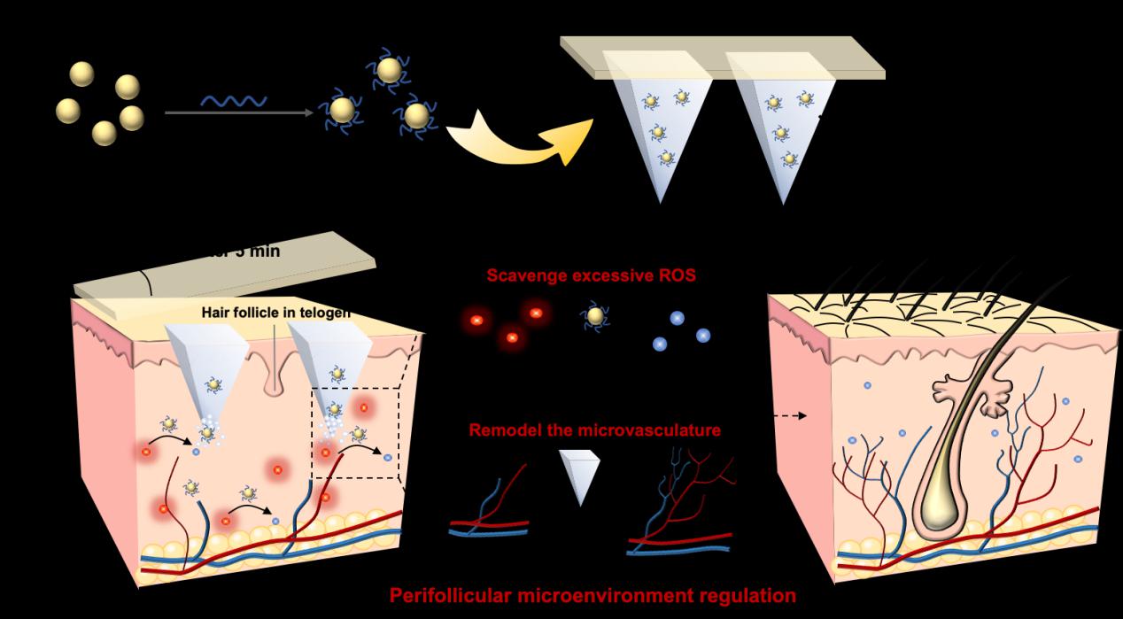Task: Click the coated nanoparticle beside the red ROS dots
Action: point(596,316)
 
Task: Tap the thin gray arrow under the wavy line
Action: point(239,112)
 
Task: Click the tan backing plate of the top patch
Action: point(722,57)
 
